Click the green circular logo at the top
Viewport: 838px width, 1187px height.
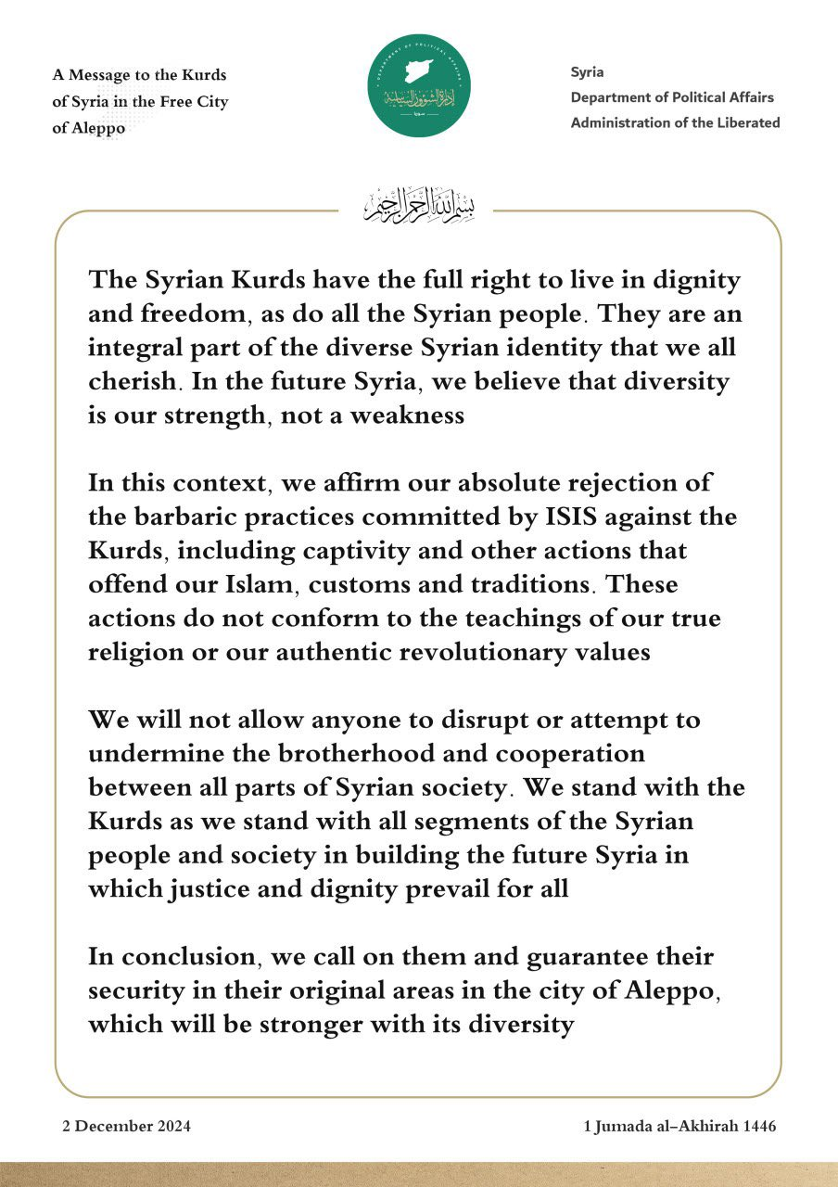tap(418, 85)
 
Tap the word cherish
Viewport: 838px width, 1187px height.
tap(133, 380)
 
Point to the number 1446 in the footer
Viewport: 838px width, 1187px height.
tap(755, 1127)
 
